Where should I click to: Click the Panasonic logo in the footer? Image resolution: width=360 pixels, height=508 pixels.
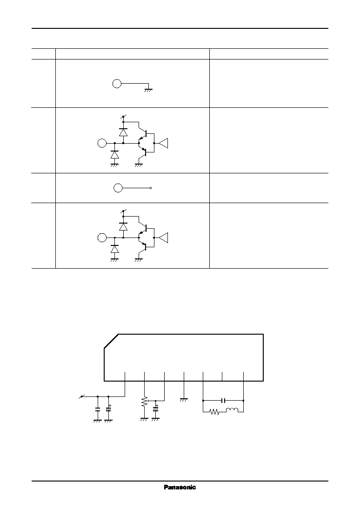(180, 487)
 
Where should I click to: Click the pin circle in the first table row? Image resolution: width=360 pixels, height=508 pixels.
(117, 84)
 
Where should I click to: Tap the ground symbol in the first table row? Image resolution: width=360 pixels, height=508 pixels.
(148, 90)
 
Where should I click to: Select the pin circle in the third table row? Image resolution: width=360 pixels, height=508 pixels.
(118, 188)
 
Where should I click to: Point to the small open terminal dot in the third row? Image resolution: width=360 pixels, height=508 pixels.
(151, 188)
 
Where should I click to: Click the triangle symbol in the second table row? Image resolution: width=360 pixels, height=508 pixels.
(163, 143)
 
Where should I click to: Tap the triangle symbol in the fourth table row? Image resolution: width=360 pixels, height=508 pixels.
(163, 238)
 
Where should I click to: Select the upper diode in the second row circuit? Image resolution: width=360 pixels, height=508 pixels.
(123, 132)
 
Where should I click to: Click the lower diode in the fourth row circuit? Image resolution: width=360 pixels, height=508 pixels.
(114, 249)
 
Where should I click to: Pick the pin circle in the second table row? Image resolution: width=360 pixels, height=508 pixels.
(102, 143)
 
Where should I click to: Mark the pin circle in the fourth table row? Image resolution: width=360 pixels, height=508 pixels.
(102, 238)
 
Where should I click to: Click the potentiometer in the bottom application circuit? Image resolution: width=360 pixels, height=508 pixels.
(145, 402)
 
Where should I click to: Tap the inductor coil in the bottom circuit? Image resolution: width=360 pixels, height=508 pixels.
(232, 410)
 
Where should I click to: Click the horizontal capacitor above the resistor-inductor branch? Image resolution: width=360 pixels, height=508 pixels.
(223, 401)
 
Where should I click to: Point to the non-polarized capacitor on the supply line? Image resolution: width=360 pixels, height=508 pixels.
(98, 409)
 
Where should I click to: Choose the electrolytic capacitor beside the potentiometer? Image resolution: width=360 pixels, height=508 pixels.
(156, 409)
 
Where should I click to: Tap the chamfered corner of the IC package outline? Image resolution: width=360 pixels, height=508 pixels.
(111, 341)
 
